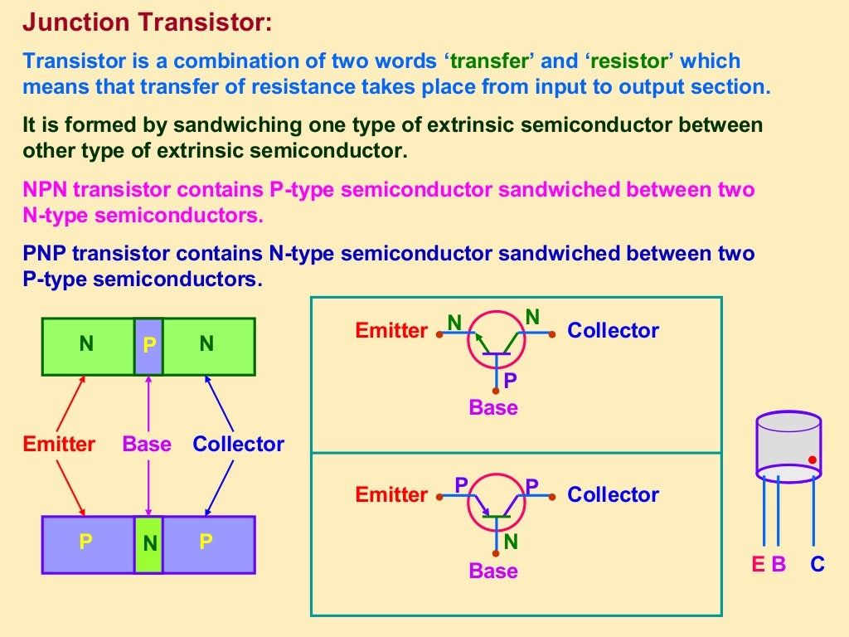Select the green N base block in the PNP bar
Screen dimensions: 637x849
pyautogui.click(x=148, y=544)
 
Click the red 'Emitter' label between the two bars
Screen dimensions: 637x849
pyautogui.click(x=59, y=445)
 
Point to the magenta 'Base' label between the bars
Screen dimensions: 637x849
pyautogui.click(x=147, y=445)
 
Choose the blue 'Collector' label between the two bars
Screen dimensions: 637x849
pyautogui.click(x=238, y=445)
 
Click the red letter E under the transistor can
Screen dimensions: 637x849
pyautogui.click(x=758, y=565)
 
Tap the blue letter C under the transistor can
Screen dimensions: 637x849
pyautogui.click(x=817, y=565)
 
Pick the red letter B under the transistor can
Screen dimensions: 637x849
pyautogui.click(x=779, y=565)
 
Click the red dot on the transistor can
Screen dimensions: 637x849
pyautogui.click(x=813, y=460)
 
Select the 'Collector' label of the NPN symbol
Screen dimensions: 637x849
pyautogui.click(x=613, y=331)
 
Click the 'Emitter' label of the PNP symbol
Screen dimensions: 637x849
pyautogui.click(x=391, y=495)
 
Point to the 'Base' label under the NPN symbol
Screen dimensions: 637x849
pyautogui.click(x=493, y=408)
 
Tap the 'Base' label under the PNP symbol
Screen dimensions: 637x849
pyautogui.click(x=493, y=571)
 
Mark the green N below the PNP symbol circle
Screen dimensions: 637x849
pyautogui.click(x=511, y=542)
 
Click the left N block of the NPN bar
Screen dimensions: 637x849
pyautogui.click(x=87, y=343)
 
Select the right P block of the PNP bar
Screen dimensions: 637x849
pyautogui.click(x=206, y=542)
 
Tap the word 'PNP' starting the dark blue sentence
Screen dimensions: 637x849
pyautogui.click(x=46, y=253)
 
